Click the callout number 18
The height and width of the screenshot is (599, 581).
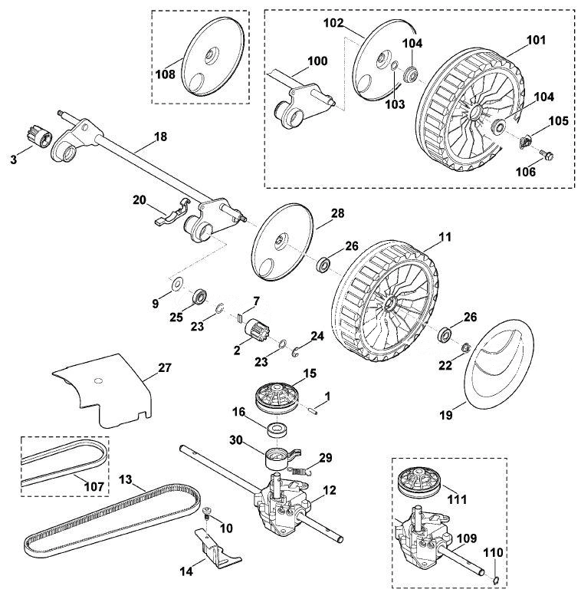click(161, 137)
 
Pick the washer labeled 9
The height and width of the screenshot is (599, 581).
click(177, 284)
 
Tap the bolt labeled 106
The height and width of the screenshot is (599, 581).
click(547, 155)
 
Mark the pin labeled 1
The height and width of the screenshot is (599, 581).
click(312, 410)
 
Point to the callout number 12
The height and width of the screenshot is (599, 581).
click(329, 490)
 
